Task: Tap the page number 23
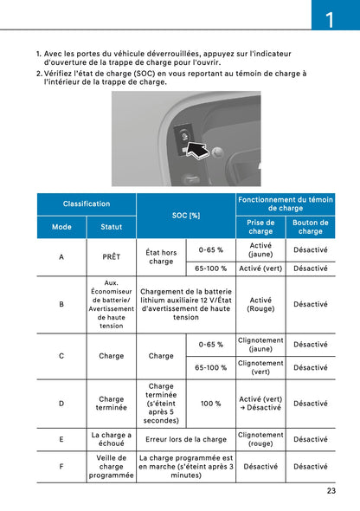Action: click(x=331, y=491)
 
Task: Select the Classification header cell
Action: click(x=87, y=204)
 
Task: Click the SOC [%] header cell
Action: click(x=186, y=215)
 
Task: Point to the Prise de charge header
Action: click(x=260, y=227)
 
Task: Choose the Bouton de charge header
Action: click(x=311, y=227)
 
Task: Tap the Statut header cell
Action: click(x=112, y=227)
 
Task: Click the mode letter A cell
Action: click(x=61, y=257)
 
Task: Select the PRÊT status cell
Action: click(x=112, y=257)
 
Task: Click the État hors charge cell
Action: click(x=161, y=257)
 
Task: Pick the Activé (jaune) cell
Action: click(x=260, y=249)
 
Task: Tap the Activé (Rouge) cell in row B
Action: click(x=260, y=304)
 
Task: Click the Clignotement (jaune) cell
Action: click(x=260, y=344)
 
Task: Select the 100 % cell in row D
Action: click(x=211, y=404)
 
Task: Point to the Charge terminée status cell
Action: click(x=112, y=404)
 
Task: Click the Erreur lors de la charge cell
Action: click(x=186, y=439)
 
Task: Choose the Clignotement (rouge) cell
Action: click(x=260, y=439)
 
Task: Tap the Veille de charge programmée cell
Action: click(x=112, y=467)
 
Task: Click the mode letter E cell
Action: click(x=61, y=439)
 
